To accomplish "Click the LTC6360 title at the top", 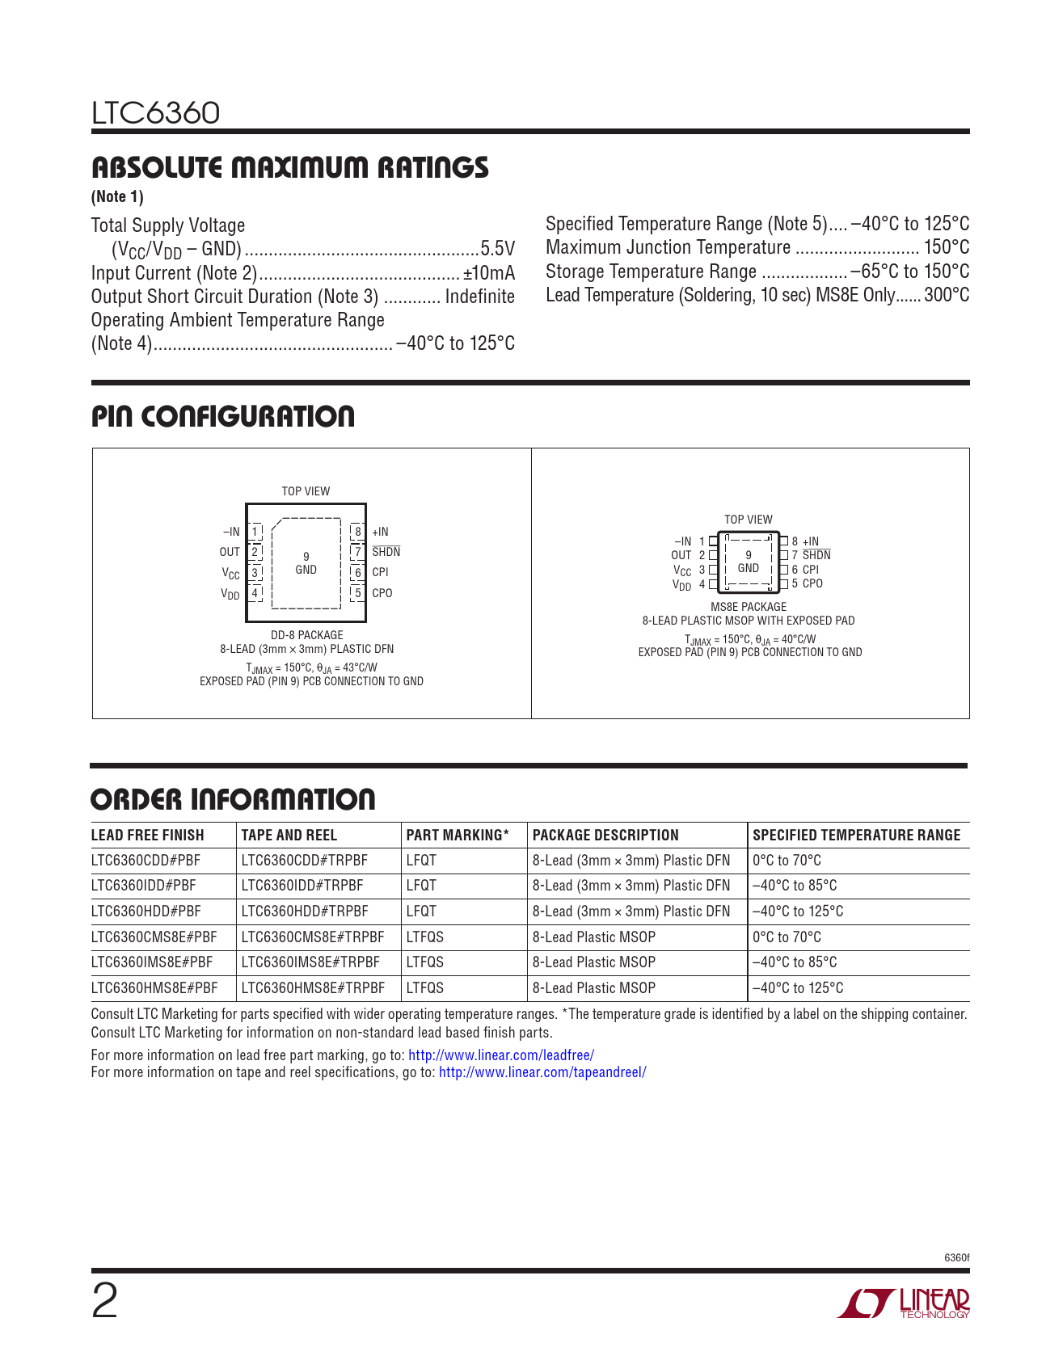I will tap(155, 113).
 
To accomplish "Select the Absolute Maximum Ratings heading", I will tap(289, 167).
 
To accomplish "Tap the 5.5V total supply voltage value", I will tap(497, 249).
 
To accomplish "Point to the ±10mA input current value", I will tap(488, 273).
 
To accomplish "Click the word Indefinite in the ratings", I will tap(479, 297).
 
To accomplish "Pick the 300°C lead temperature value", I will tap(947, 295).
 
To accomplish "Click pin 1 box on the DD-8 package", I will tap(255, 532).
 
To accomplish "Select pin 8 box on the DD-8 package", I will tap(357, 532).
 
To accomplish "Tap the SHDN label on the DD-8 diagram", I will tap(386, 552).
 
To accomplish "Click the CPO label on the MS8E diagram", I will tap(812, 583).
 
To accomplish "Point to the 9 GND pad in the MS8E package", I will tap(749, 562).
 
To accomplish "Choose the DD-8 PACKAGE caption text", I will tap(306, 635).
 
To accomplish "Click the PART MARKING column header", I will tap(458, 836).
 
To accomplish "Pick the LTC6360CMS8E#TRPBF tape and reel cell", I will tap(313, 937).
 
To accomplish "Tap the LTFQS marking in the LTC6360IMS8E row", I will tap(425, 962).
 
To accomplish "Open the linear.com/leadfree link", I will tap(501, 1055).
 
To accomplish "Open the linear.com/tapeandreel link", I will tap(542, 1072).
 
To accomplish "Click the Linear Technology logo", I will tap(903, 1303).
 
